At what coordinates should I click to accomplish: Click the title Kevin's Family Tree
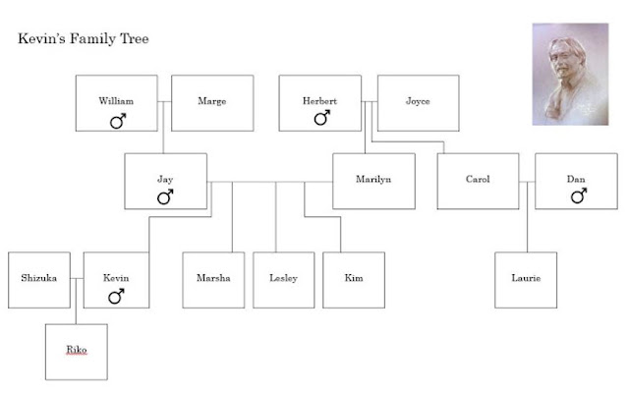[x=84, y=38]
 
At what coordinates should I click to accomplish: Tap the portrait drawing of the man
[x=570, y=75]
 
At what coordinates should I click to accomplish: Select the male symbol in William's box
[x=118, y=121]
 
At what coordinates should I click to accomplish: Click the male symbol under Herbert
[x=322, y=118]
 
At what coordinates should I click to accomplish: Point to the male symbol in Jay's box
[x=165, y=196]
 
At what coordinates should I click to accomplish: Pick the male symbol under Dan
[x=579, y=196]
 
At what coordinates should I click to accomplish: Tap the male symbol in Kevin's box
[x=116, y=297]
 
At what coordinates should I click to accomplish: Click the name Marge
[x=212, y=101]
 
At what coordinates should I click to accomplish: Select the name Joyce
[x=418, y=101]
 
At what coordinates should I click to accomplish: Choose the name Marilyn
[x=373, y=179]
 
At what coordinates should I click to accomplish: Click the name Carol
[x=478, y=179]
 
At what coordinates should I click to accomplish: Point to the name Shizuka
[x=39, y=278]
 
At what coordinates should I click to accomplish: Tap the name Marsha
[x=213, y=278]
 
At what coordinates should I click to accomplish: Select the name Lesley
[x=284, y=278]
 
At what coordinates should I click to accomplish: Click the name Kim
[x=354, y=278]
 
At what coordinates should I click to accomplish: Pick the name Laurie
[x=526, y=278]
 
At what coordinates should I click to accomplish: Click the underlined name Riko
[x=77, y=350]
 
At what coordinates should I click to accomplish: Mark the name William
[x=116, y=100]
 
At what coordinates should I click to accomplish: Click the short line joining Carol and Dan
[x=527, y=182]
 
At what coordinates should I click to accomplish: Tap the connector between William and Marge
[x=164, y=102]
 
